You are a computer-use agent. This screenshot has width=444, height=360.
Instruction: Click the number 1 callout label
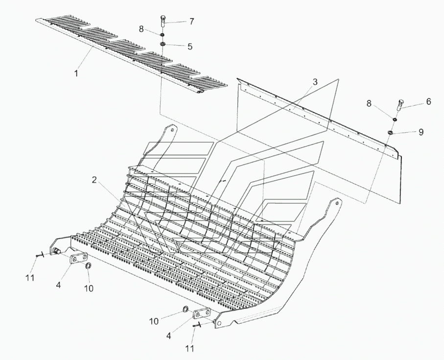pos(76,73)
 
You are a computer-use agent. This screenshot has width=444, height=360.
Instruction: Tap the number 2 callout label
pos(93,180)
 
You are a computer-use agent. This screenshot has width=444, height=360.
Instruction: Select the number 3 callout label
pos(315,82)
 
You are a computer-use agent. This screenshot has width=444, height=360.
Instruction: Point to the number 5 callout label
pos(189,47)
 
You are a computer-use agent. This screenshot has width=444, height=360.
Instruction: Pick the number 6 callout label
pos(428,101)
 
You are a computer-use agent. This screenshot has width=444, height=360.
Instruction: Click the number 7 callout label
pos(191,22)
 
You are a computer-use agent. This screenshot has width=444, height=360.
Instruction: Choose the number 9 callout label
pos(421,132)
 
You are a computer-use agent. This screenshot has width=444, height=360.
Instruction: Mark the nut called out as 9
pos(391,132)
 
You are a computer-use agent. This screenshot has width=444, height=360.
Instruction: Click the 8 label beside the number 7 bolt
pos(141,29)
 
